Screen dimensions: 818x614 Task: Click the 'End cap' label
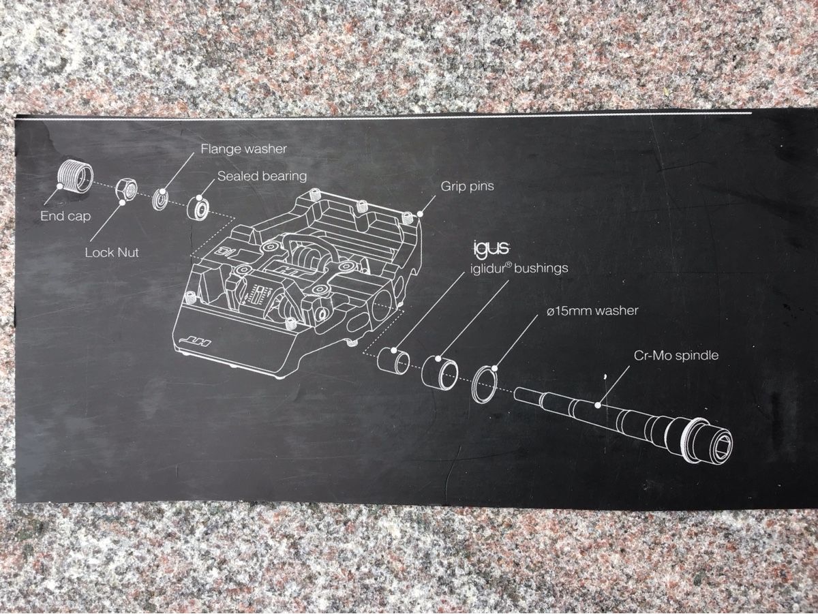[65, 216]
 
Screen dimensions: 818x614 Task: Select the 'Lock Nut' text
[112, 253]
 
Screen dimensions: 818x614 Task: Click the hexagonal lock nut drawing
[127, 191]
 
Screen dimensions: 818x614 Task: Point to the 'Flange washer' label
[244, 149]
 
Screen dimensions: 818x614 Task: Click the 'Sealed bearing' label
[262, 176]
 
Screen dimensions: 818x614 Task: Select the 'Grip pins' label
[468, 186]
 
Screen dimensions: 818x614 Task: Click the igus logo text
[491, 249]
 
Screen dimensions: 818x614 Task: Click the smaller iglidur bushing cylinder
[393, 358]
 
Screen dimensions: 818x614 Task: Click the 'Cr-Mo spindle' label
[676, 355]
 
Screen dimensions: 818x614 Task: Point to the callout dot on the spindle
[598, 405]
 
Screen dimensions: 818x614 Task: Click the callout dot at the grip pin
[420, 214]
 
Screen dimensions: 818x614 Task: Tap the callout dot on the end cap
[59, 186]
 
